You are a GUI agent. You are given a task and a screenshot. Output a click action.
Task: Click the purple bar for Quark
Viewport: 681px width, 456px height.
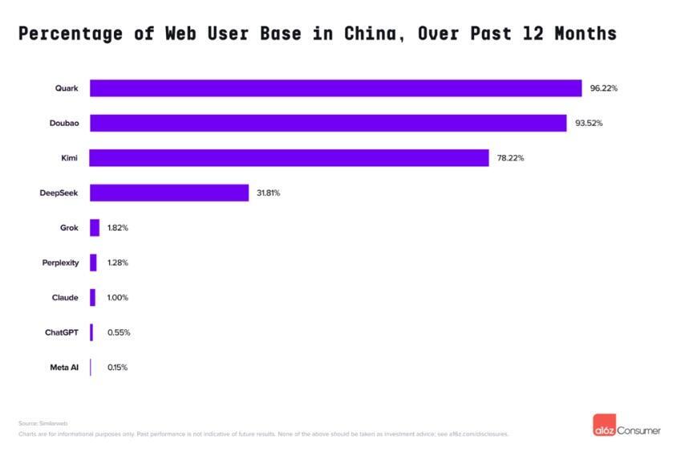point(335,88)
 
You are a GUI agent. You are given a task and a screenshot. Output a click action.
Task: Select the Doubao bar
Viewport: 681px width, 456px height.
point(328,123)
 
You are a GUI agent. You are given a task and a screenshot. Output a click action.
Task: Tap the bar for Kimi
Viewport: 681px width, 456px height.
point(289,158)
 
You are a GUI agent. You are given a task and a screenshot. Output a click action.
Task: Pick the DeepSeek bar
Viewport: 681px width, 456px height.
point(169,193)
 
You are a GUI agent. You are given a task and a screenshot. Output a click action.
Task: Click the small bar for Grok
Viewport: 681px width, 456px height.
point(95,228)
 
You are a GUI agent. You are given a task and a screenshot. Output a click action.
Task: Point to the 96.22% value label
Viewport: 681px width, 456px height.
point(603,88)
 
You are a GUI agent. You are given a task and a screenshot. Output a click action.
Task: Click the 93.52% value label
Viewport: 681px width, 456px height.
point(589,123)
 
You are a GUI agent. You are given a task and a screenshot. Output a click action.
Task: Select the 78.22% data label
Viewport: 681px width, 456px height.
point(510,158)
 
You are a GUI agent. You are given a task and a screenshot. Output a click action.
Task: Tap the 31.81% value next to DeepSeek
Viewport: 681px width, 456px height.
point(269,193)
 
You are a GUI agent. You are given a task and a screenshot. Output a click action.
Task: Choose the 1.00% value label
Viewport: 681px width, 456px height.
point(118,298)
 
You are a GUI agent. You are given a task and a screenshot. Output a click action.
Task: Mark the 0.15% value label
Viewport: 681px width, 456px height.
point(117,368)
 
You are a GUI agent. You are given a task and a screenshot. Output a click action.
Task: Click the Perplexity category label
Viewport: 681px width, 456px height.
point(60,263)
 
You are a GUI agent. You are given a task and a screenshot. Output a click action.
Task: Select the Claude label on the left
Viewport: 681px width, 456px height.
point(65,298)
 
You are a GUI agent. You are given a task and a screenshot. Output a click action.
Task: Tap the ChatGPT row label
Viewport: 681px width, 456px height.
point(62,332)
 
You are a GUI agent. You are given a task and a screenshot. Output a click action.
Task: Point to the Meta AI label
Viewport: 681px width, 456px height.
point(64,368)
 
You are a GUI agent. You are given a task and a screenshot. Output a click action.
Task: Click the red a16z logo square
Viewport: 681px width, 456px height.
point(602,426)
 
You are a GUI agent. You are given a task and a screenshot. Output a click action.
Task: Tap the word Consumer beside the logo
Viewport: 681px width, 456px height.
point(638,431)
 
